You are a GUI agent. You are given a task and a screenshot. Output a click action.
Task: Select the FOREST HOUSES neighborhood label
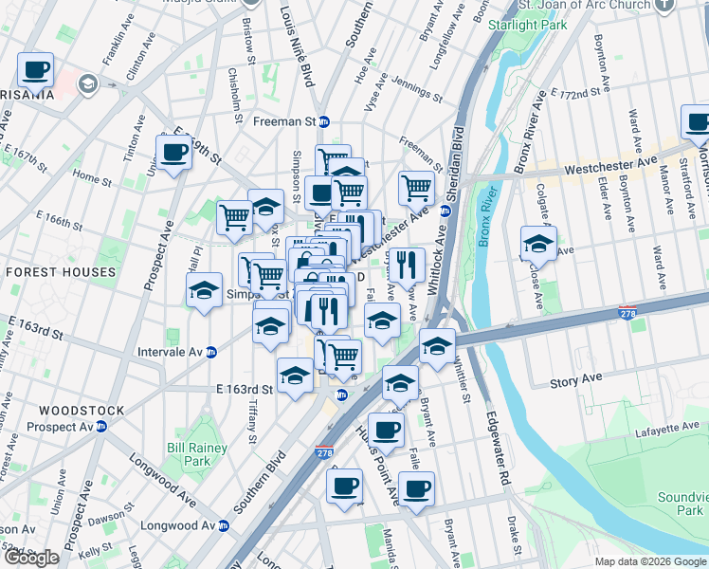(x=61, y=272)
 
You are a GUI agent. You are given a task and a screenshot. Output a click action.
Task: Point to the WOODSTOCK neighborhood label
(x=82, y=411)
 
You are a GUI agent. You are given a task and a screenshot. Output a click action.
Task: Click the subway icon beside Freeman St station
(x=323, y=121)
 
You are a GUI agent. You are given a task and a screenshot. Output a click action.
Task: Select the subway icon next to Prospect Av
(x=100, y=427)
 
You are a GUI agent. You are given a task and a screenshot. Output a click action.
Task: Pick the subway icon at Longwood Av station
(x=224, y=524)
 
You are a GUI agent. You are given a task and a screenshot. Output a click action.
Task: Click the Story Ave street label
(x=576, y=383)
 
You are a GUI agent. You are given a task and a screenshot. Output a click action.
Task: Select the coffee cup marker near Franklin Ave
(x=36, y=69)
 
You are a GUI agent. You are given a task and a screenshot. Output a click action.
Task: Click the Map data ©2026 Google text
(x=649, y=561)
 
